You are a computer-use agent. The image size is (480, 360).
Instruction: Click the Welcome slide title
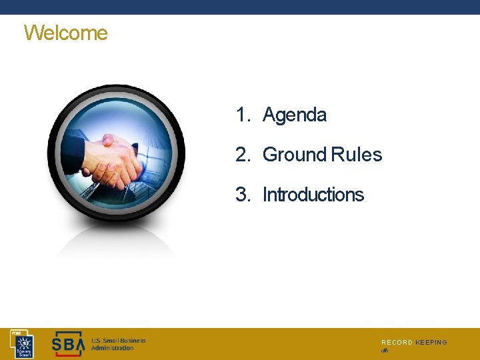point(65,33)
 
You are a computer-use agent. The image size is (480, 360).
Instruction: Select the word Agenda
point(295,115)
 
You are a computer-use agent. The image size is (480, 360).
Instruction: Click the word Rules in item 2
point(357,155)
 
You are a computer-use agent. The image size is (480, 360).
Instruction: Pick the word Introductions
point(313,195)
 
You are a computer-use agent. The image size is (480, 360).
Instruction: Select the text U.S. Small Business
point(118,341)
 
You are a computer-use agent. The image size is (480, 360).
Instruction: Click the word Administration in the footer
point(113,349)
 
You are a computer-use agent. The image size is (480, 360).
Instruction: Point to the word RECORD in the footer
point(397,343)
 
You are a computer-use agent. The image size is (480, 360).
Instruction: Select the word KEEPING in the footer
point(431,343)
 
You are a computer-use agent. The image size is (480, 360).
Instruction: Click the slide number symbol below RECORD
point(385,351)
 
